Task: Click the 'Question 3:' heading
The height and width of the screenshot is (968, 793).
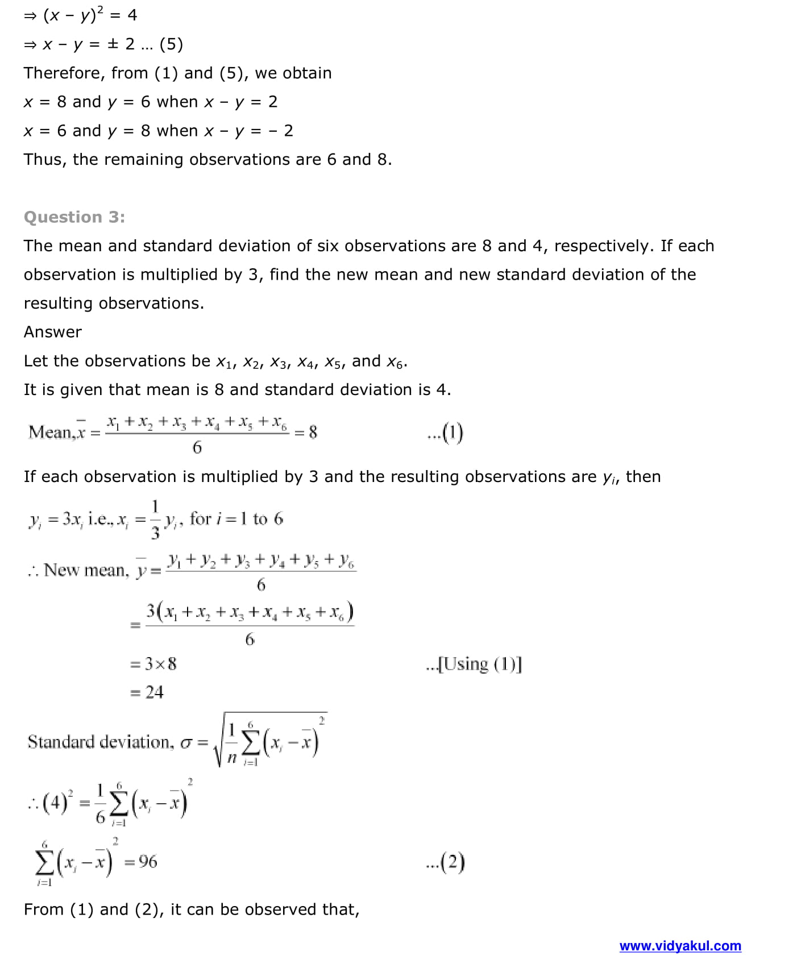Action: pos(74,217)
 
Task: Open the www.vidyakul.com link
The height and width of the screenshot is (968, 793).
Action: pos(680,946)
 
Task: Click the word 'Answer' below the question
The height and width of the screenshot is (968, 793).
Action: pos(53,332)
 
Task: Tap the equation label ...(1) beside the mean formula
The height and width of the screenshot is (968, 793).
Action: pos(445,433)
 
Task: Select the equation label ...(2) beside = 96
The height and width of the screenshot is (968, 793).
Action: pos(446,862)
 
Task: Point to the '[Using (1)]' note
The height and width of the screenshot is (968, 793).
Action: pos(474,664)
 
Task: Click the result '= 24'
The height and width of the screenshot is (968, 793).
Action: pos(147,692)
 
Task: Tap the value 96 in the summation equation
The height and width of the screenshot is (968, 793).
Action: pos(148,862)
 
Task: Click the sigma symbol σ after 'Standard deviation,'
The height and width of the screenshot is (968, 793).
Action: pos(186,743)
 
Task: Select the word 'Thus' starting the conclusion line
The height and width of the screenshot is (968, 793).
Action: pos(44,160)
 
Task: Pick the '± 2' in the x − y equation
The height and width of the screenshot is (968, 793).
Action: pos(121,44)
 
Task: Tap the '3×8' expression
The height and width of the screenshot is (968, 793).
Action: pos(160,664)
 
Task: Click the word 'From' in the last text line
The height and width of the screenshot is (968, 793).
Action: pos(43,909)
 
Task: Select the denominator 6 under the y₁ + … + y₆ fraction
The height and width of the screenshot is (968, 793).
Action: pos(261,585)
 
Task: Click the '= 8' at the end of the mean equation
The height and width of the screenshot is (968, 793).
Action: pos(306,433)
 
